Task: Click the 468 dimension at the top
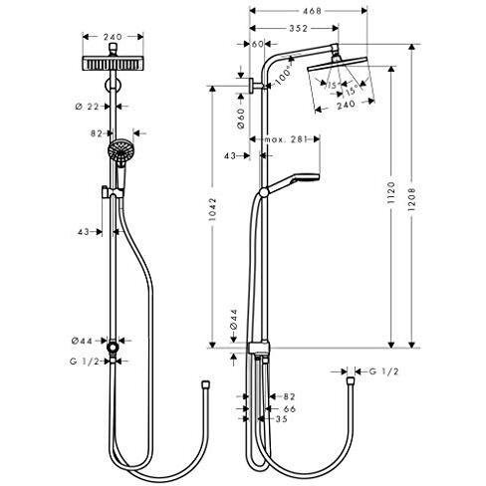(x=312, y=11)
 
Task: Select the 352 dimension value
(x=298, y=29)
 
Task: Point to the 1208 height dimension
(x=411, y=199)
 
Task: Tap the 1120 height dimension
(x=391, y=193)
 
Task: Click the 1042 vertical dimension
(x=213, y=209)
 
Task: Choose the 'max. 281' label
(x=285, y=139)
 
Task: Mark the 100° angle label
(x=283, y=76)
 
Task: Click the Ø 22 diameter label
(x=88, y=107)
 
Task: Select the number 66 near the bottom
(x=290, y=409)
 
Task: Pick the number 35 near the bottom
(x=282, y=419)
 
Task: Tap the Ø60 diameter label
(x=241, y=119)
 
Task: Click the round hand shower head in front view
(x=121, y=150)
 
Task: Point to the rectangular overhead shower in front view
(x=113, y=64)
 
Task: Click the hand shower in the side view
(x=291, y=184)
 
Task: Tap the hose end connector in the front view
(x=206, y=385)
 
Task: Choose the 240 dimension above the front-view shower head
(x=113, y=37)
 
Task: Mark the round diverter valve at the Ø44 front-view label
(x=113, y=348)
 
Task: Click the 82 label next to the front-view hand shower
(x=97, y=133)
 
